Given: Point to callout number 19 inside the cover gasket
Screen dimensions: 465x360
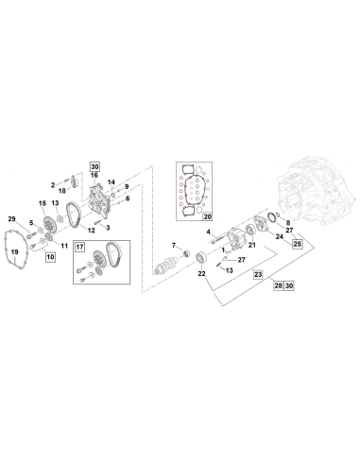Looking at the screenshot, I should click(13, 253).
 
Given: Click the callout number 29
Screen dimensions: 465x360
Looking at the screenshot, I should click(12, 219).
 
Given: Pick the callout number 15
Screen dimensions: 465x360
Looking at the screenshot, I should click(42, 203).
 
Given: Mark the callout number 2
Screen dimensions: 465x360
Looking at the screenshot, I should click(54, 184).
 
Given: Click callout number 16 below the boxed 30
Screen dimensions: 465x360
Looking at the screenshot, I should click(94, 176).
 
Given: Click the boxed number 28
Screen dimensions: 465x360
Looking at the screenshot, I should click(278, 284).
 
